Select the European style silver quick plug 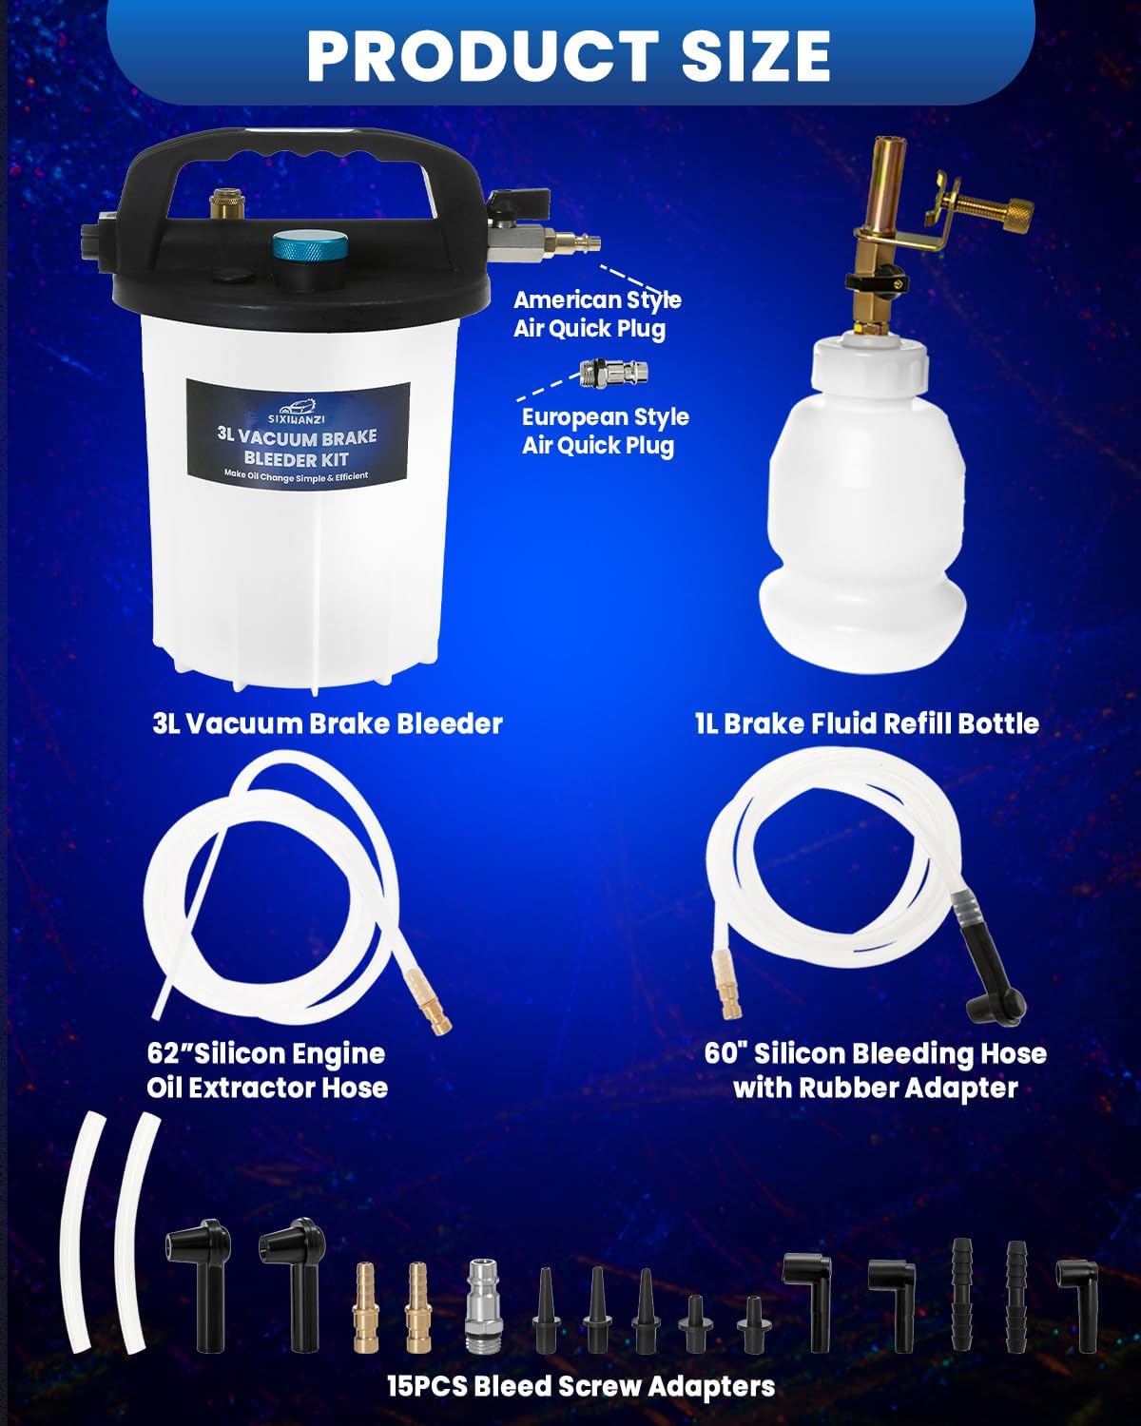tap(613, 373)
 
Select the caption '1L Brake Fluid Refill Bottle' tap(866, 723)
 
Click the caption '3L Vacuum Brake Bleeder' tap(327, 723)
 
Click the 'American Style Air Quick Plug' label tap(597, 315)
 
